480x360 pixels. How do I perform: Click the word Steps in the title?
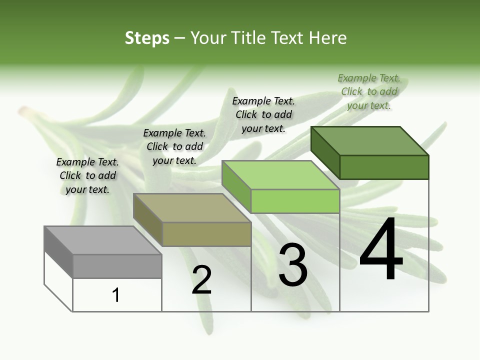point(147,38)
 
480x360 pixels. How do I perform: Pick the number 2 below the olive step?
point(201,279)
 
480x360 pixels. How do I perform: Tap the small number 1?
point(116,295)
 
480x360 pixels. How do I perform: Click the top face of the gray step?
point(102,240)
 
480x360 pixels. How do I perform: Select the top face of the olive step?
point(191,208)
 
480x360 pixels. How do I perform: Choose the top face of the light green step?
point(280,175)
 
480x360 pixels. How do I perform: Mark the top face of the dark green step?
point(369,141)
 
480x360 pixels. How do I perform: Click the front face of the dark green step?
point(384,167)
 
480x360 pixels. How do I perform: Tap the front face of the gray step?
point(117,266)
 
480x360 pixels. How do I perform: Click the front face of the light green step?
point(295,201)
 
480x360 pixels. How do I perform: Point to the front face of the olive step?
point(206,234)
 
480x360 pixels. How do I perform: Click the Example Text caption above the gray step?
point(87,175)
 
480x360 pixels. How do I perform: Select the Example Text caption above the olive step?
point(174,146)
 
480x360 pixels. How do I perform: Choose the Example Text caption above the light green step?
point(263,114)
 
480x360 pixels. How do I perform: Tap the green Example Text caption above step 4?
point(369,91)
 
